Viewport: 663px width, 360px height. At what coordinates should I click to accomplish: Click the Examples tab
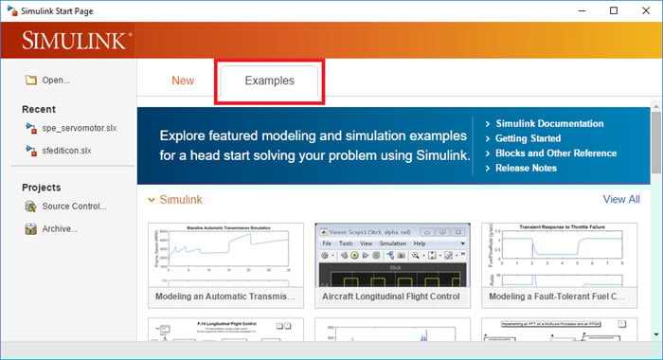point(269,81)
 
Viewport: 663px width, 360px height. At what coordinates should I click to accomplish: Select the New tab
point(183,81)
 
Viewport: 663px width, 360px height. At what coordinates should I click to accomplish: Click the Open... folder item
point(55,81)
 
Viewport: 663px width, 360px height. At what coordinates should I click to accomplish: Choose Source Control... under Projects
point(74,207)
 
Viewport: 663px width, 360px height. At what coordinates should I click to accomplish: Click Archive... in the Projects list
point(60,229)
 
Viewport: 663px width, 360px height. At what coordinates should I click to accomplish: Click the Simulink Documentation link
point(549,123)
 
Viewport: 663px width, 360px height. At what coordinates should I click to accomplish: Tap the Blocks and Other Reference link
point(555,153)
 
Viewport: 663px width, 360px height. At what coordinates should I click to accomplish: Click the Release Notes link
point(526,169)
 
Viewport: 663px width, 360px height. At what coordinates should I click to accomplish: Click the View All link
point(621,200)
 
